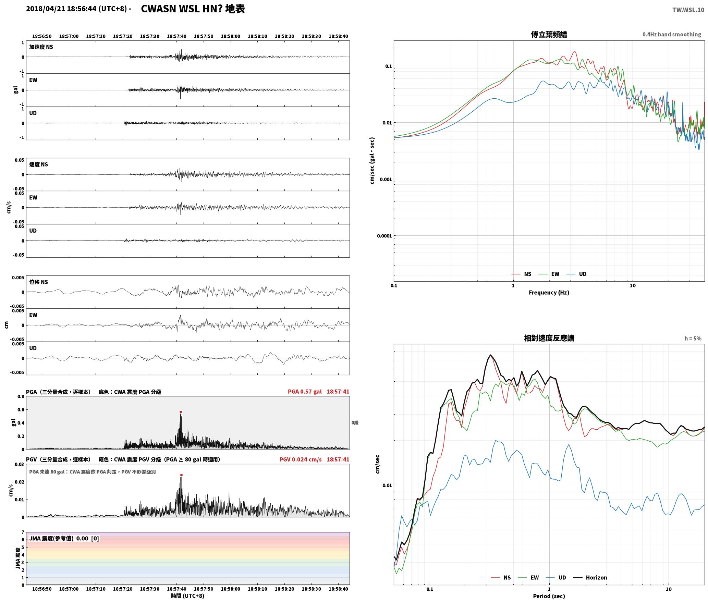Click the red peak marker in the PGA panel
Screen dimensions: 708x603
pos(181,412)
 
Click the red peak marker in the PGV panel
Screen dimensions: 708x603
pos(181,475)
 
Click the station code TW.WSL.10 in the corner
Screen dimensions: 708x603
pos(688,10)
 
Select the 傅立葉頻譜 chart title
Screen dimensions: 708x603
pos(549,34)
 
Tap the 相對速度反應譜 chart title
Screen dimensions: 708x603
pos(549,338)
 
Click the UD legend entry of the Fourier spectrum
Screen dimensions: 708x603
pos(576,274)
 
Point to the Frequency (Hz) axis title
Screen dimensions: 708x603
pos(549,292)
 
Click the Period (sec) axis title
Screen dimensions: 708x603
pos(549,596)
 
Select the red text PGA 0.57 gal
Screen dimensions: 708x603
pos(305,392)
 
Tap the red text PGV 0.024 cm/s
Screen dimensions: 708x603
pos(301,459)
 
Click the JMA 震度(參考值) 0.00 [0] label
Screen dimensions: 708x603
pos(64,538)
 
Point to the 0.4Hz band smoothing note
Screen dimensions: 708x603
pos(672,35)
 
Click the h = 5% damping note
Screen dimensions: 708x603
pos(693,339)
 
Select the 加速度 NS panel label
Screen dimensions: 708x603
pos(41,47)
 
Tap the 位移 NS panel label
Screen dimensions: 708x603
pos(38,282)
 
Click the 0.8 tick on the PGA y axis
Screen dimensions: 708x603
pos(21,396)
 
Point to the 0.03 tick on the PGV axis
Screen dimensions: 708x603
pos(19,464)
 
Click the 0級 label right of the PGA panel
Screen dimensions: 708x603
pos(355,423)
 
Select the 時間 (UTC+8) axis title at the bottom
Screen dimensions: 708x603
pos(188,596)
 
